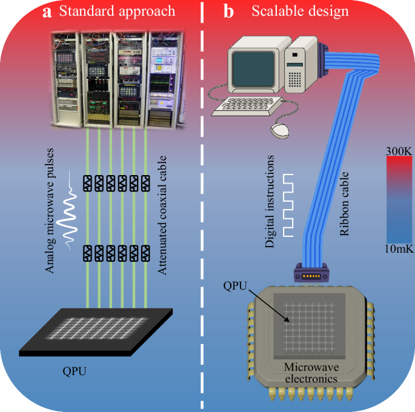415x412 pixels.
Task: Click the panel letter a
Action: [x=47, y=12]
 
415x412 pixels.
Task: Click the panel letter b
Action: [x=229, y=12]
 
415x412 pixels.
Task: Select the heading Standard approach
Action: [x=117, y=12]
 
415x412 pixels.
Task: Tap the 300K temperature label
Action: [x=398, y=147]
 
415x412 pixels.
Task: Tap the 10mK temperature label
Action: [x=398, y=249]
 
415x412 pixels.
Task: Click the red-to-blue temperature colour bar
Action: [x=398, y=198]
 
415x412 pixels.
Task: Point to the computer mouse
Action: [x=279, y=129]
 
